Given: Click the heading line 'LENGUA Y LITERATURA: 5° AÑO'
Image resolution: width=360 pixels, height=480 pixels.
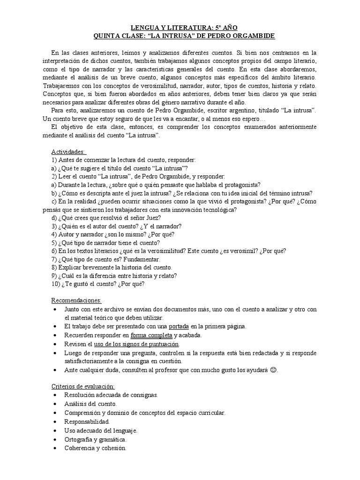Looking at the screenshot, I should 180,28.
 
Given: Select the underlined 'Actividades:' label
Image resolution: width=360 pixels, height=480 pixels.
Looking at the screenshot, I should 68,152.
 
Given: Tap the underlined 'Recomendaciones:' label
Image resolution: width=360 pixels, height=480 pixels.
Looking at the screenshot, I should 76,300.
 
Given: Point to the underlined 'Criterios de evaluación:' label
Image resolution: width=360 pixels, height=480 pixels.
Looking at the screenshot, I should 82,386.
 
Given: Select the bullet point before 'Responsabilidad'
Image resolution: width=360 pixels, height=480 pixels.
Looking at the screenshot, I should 55,421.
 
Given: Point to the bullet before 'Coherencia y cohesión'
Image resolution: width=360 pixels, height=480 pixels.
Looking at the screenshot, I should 55,448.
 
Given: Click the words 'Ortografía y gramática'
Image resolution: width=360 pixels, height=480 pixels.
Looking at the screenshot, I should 96,439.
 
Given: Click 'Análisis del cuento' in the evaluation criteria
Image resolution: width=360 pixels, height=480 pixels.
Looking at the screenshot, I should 91,404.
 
